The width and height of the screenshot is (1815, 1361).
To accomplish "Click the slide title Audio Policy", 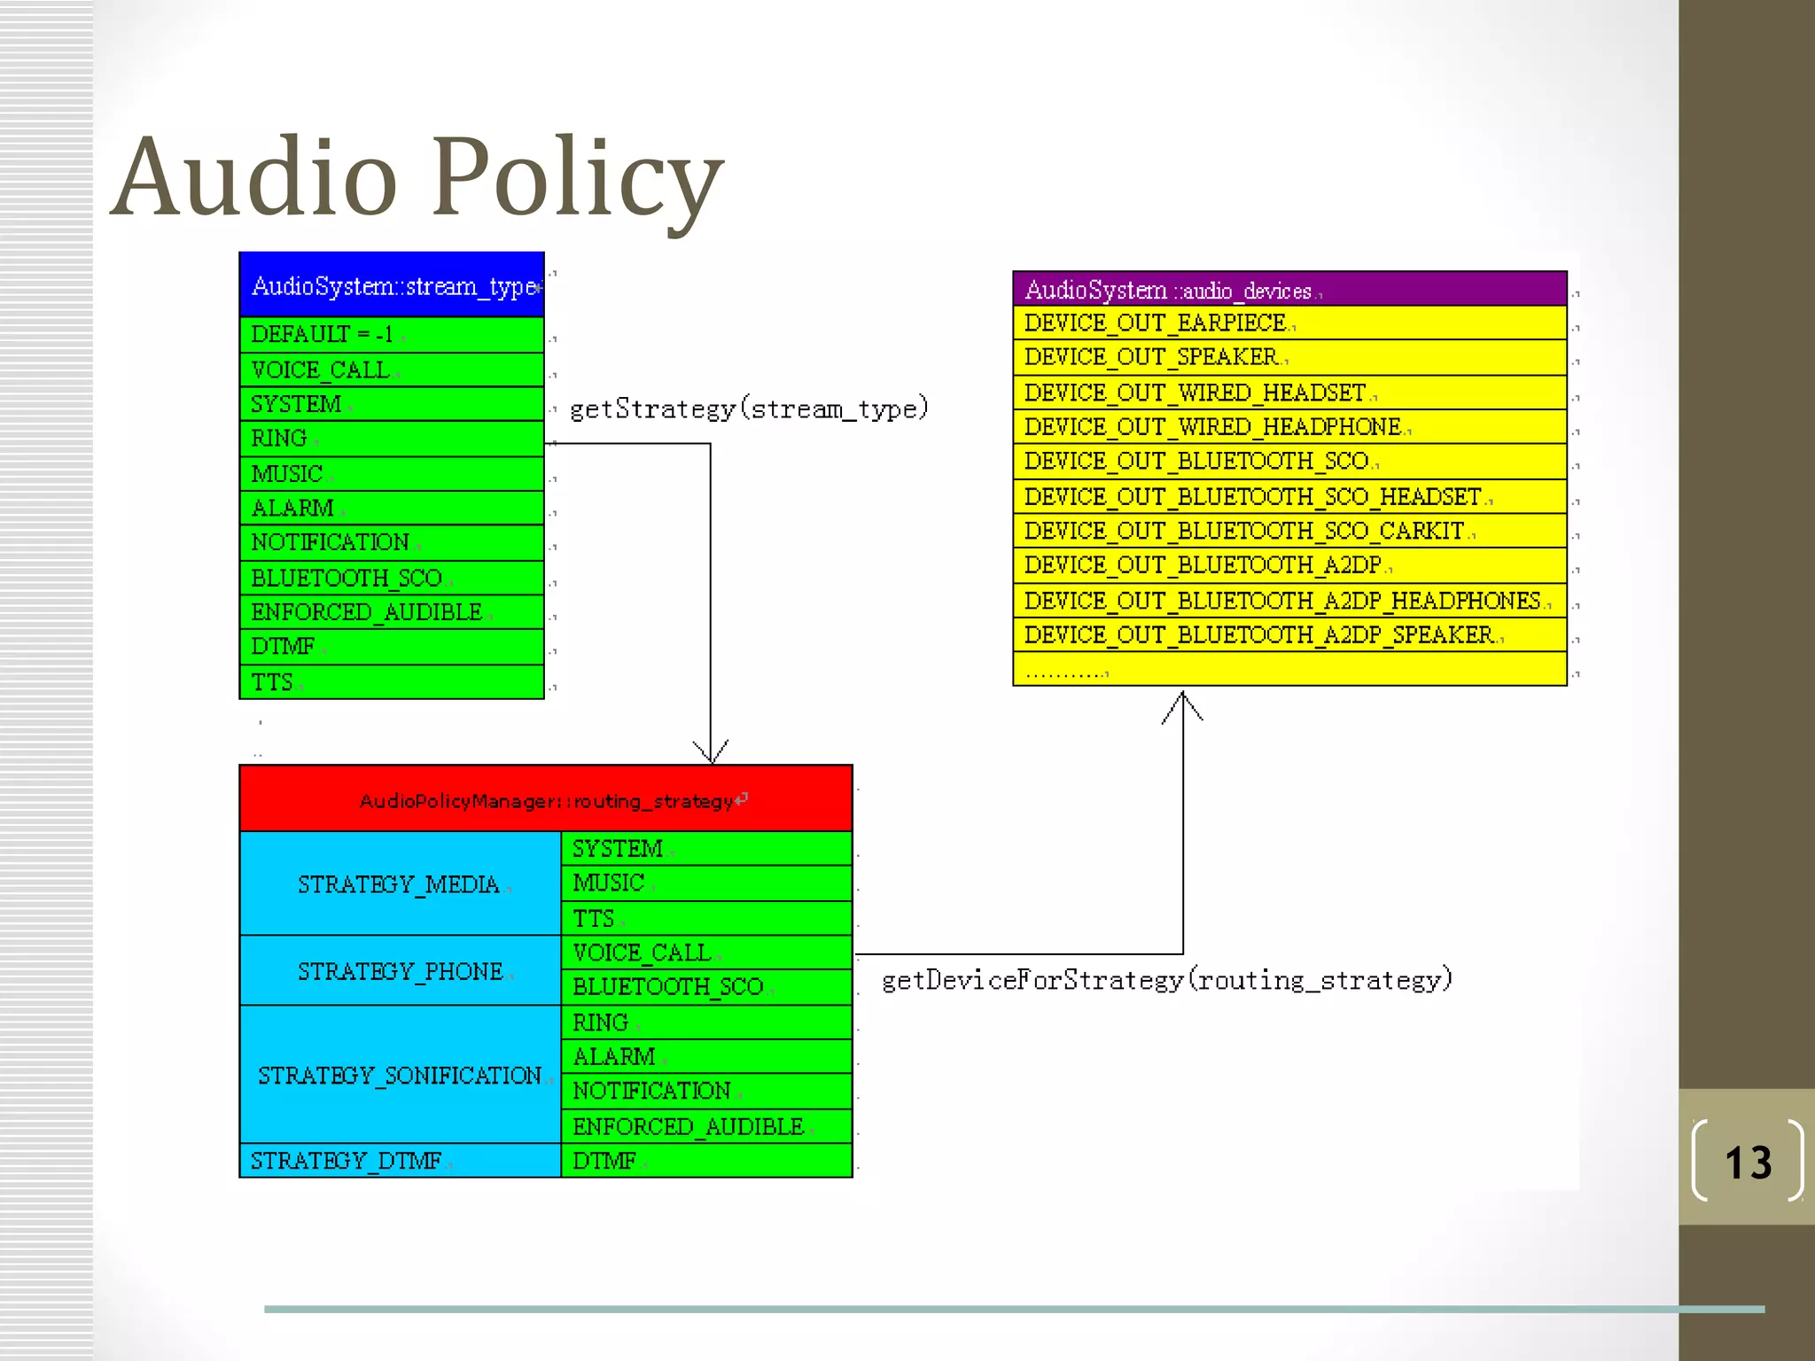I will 417,177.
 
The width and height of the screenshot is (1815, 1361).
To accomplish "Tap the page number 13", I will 1748,1162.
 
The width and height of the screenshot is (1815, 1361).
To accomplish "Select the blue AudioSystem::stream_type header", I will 392,285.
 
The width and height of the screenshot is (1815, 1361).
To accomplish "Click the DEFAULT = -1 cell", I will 392,335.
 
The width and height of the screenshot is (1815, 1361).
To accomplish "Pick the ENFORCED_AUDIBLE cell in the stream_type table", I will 392,612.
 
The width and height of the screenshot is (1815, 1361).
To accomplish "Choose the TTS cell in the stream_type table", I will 392,682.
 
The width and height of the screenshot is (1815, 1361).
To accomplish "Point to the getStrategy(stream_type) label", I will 749,408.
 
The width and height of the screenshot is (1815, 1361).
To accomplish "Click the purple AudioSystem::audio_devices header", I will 1289,290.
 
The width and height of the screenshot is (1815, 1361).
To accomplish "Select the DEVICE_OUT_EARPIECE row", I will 1289,323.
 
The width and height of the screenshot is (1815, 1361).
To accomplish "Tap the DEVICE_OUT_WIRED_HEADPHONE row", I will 1289,427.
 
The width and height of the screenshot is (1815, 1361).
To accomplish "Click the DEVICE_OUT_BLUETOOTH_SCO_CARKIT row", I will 1289,531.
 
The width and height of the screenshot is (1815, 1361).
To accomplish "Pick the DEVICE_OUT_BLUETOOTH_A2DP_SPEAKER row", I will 1289,635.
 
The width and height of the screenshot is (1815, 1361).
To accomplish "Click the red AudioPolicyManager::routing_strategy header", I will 546,800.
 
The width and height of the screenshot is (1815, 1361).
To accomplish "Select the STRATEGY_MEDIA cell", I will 400,884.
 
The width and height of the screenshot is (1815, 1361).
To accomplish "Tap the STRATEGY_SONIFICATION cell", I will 400,1075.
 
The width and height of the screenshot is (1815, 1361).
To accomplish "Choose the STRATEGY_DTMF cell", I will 400,1161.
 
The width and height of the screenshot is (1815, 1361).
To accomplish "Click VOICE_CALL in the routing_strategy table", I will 706,953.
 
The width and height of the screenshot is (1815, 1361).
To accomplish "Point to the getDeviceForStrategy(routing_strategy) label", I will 1167,980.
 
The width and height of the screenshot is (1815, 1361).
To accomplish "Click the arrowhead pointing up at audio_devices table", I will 1183,704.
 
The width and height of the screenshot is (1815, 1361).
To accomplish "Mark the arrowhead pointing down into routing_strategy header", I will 711,753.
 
